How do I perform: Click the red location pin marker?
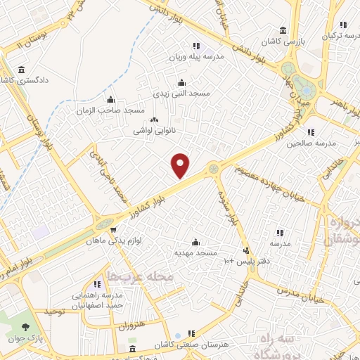click(x=181, y=165)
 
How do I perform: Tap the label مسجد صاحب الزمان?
click(x=111, y=110)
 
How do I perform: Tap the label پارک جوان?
click(x=49, y=338)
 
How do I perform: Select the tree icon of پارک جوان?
click(x=25, y=327)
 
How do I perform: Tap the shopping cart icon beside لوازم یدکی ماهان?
click(x=114, y=230)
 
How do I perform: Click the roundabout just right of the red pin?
click(x=213, y=168)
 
